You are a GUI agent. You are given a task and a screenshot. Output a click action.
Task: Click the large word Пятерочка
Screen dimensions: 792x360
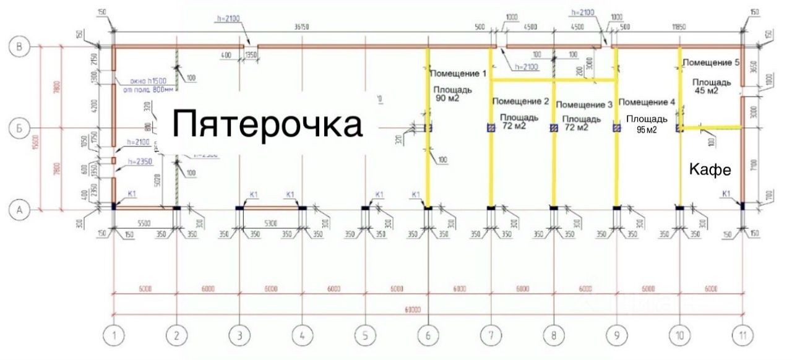(267, 123)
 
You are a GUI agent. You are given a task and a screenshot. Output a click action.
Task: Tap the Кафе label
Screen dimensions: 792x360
(710, 170)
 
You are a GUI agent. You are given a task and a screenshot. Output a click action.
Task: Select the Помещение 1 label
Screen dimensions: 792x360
(458, 74)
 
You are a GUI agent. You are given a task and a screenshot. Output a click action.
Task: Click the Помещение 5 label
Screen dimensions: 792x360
(711, 62)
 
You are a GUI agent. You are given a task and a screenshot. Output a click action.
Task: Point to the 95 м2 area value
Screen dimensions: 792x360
(647, 130)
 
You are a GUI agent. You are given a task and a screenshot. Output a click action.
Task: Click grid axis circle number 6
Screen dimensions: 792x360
(428, 336)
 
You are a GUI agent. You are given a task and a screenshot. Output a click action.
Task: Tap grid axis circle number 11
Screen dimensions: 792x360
(742, 336)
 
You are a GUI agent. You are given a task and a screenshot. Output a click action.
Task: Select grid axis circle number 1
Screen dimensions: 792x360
(114, 336)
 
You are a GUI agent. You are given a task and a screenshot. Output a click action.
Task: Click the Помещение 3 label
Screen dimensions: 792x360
(583, 105)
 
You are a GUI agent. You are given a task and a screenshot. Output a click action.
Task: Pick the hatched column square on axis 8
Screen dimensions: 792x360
(553, 128)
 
